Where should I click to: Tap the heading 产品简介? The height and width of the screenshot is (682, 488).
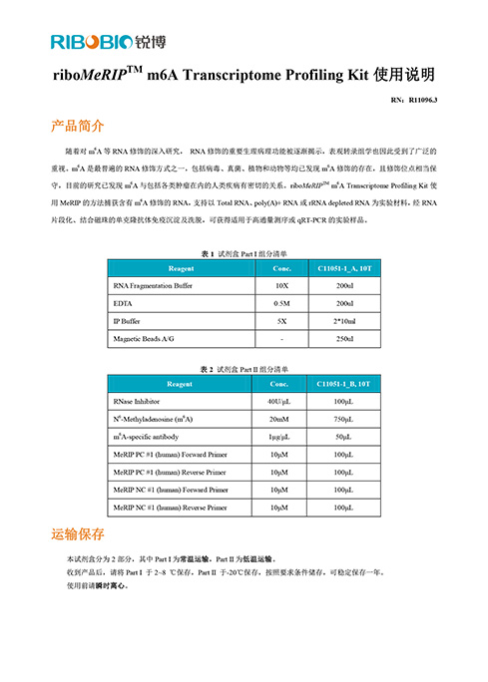78,127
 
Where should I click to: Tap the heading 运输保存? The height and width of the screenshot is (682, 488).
78,534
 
